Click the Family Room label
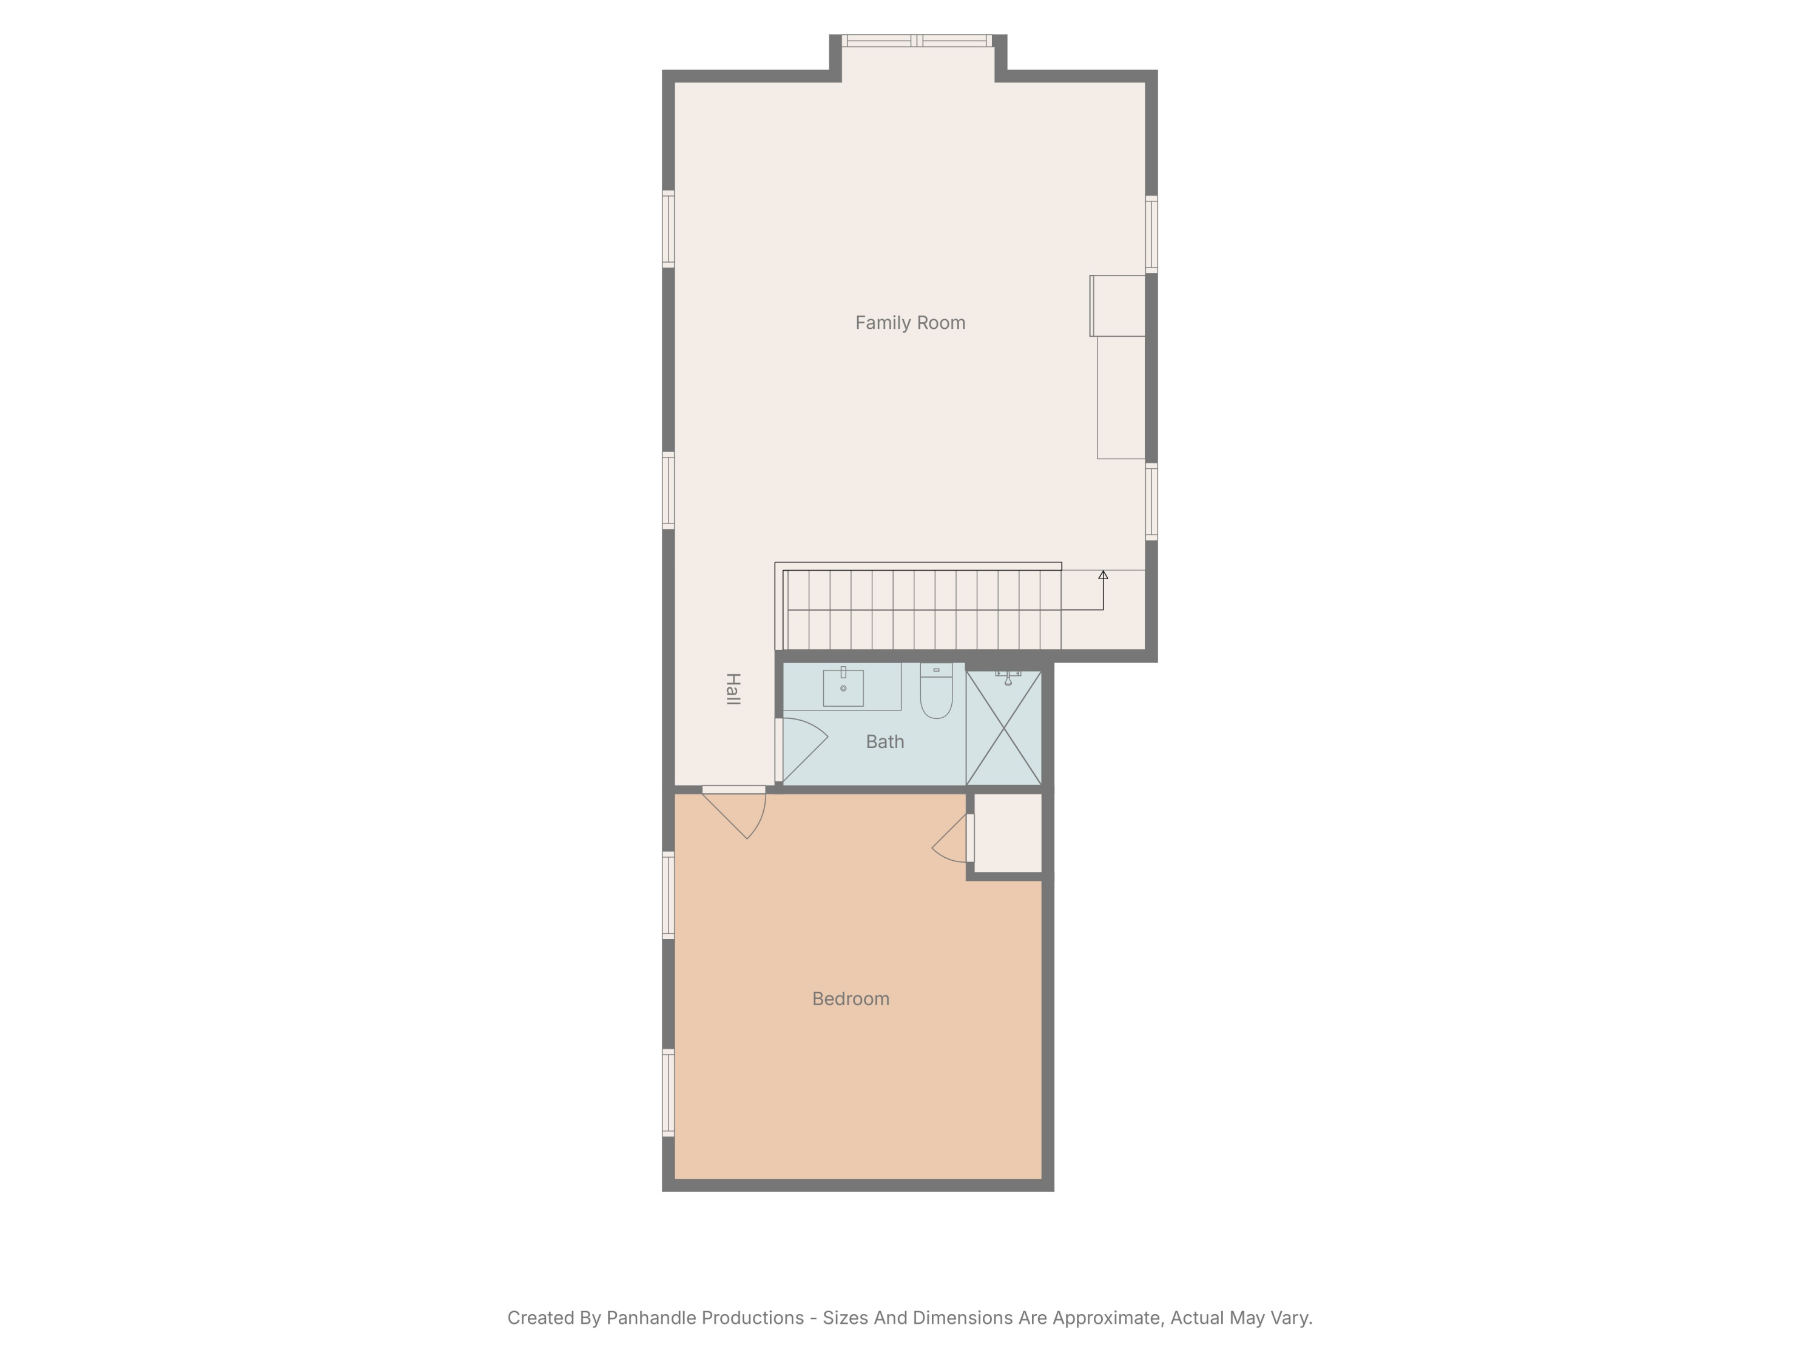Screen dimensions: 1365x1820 tap(910, 323)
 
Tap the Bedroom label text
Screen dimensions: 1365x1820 tap(850, 999)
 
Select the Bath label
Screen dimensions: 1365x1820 tap(885, 742)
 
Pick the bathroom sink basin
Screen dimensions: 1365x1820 tap(843, 688)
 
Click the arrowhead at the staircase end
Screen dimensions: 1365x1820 tap(1104, 575)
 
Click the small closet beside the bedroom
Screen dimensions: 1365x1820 tap(1008, 833)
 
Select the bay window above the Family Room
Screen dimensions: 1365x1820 tap(917, 40)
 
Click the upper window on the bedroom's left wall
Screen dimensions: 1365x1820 tap(668, 895)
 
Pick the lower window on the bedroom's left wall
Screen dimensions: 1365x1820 tap(668, 1093)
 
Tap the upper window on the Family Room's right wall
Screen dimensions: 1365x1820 tap(1151, 235)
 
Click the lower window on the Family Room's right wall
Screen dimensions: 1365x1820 tap(1151, 502)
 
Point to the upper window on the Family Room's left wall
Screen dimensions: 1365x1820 tap(668, 229)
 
